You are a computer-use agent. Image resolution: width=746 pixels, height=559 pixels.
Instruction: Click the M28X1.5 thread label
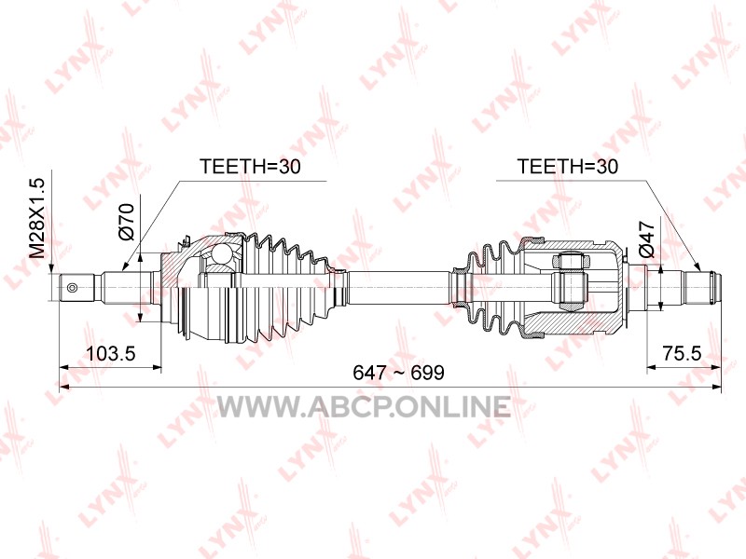pyautogui.click(x=37, y=218)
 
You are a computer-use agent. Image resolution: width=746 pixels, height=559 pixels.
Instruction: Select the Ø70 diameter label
pyautogui.click(x=126, y=222)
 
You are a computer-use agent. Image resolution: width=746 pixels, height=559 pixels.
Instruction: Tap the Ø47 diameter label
pyautogui.click(x=648, y=239)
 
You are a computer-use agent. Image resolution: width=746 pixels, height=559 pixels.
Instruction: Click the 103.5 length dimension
pyautogui.click(x=111, y=353)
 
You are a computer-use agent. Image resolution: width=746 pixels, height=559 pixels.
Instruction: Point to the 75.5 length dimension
pyautogui.click(x=682, y=353)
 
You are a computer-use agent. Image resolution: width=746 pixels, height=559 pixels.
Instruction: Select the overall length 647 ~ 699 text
pyautogui.click(x=398, y=373)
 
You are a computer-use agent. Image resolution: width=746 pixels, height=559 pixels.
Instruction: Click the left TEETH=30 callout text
pyautogui.click(x=250, y=167)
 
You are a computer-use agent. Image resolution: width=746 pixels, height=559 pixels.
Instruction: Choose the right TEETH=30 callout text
pyautogui.click(x=567, y=167)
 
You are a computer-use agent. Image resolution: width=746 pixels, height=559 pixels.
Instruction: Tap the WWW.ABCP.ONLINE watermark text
pyautogui.click(x=364, y=406)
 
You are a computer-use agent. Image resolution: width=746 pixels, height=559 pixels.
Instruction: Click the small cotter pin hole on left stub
pyautogui.click(x=73, y=288)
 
